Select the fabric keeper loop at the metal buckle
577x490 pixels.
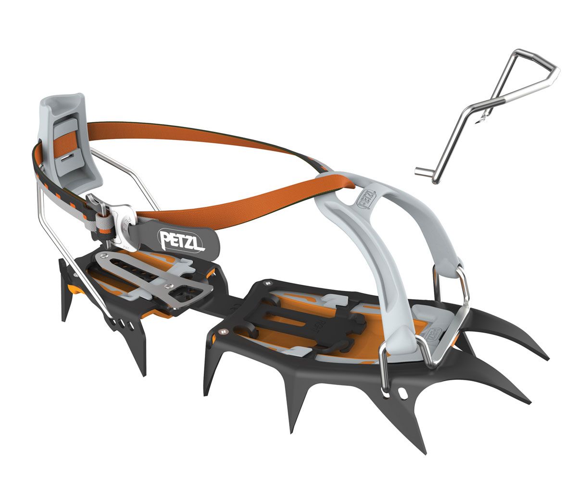[102, 224]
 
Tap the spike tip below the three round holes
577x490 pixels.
[144, 374]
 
